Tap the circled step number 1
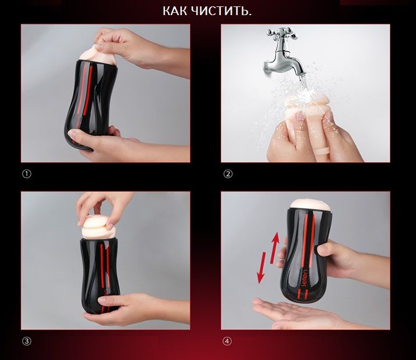[27, 174]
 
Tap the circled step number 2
[228, 174]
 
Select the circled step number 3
[27, 341]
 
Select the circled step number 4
[227, 341]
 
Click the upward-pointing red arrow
[274, 247]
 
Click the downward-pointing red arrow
[261, 268]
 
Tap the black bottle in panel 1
[89, 103]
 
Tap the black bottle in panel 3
[100, 276]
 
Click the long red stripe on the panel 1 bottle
[88, 90]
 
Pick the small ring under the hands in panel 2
[322, 152]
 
